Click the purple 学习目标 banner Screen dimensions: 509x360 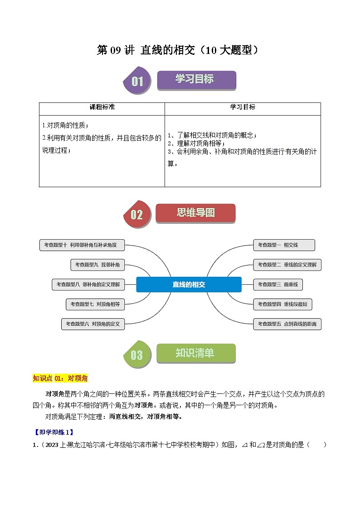[196, 80]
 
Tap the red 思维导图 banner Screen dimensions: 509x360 [195, 213]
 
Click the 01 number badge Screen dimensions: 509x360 [137, 82]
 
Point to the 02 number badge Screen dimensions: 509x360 [136, 215]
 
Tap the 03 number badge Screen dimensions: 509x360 [136, 355]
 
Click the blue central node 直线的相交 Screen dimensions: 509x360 [189, 285]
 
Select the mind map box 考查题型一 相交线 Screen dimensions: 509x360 [284, 245]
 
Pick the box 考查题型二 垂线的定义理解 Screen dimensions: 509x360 [287, 265]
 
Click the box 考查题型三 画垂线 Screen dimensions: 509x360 [278, 285]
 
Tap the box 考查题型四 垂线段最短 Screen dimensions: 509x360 [282, 304]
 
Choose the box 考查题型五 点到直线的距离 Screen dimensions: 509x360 [287, 324]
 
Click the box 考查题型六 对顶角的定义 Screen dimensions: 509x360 [93, 324]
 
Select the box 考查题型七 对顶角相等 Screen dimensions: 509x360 [95, 304]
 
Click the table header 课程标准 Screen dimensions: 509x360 [102, 107]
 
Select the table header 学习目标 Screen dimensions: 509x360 [243, 107]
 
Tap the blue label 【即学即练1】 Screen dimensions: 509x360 [54, 432]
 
